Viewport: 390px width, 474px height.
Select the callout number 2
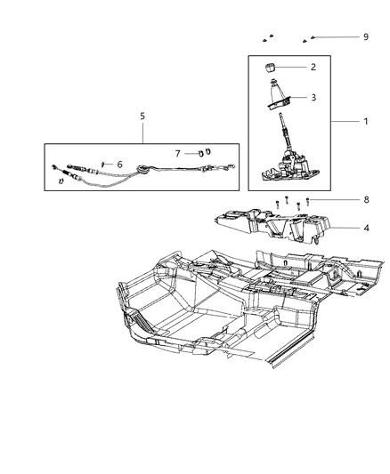click(313, 67)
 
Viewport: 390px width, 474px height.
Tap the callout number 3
click(313, 98)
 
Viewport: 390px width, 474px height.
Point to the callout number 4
click(366, 228)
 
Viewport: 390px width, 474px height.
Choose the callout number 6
click(119, 164)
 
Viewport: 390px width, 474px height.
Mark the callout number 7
click(178, 154)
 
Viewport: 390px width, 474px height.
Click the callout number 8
click(365, 200)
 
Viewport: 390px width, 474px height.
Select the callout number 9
click(366, 36)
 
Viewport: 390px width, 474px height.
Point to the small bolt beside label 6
click(103, 164)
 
